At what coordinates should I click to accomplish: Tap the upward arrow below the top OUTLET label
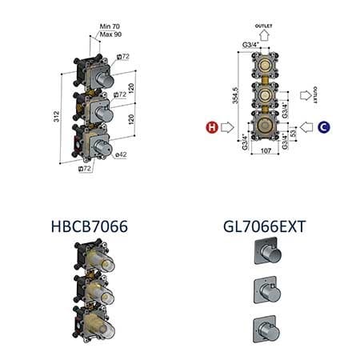(x=264, y=37)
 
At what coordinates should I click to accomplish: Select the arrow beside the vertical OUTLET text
(x=305, y=96)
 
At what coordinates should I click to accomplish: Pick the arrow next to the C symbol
(x=306, y=126)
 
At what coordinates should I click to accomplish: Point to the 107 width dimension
(x=265, y=163)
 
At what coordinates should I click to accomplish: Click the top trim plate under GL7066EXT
(x=261, y=254)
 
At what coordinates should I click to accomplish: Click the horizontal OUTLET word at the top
(x=264, y=26)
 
